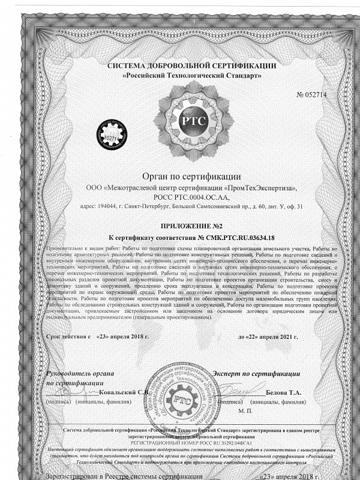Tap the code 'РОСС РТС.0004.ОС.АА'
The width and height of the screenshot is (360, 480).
(x=191, y=197)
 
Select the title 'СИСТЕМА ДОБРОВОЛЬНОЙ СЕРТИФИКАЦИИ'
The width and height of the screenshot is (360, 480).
(x=191, y=65)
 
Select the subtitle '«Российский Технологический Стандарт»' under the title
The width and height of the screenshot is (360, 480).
(x=191, y=76)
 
